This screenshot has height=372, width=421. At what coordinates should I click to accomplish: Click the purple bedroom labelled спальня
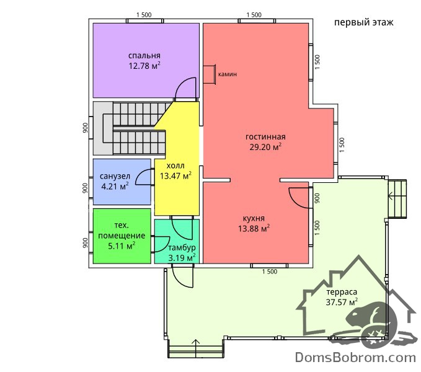(x=146, y=60)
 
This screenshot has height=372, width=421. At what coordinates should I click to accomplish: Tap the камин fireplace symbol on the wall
(x=210, y=74)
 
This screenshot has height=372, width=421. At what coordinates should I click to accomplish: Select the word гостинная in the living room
(x=265, y=137)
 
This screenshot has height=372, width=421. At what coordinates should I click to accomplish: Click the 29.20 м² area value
(x=265, y=147)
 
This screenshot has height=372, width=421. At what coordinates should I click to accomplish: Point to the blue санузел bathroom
(x=122, y=182)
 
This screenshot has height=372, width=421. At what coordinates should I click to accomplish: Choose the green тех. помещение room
(x=122, y=236)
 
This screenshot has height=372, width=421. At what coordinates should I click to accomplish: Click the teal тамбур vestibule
(x=177, y=241)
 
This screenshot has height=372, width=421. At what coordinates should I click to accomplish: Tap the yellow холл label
(x=175, y=166)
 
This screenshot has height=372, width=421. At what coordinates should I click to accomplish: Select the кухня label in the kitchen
(x=254, y=218)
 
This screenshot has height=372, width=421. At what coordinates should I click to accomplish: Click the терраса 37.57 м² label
(x=342, y=297)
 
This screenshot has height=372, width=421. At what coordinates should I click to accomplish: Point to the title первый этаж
(x=364, y=22)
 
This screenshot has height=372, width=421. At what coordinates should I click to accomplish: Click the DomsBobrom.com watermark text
(x=355, y=358)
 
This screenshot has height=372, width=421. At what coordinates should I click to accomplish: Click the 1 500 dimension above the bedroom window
(x=144, y=15)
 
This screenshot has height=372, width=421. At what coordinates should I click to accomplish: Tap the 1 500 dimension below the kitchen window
(x=270, y=272)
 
